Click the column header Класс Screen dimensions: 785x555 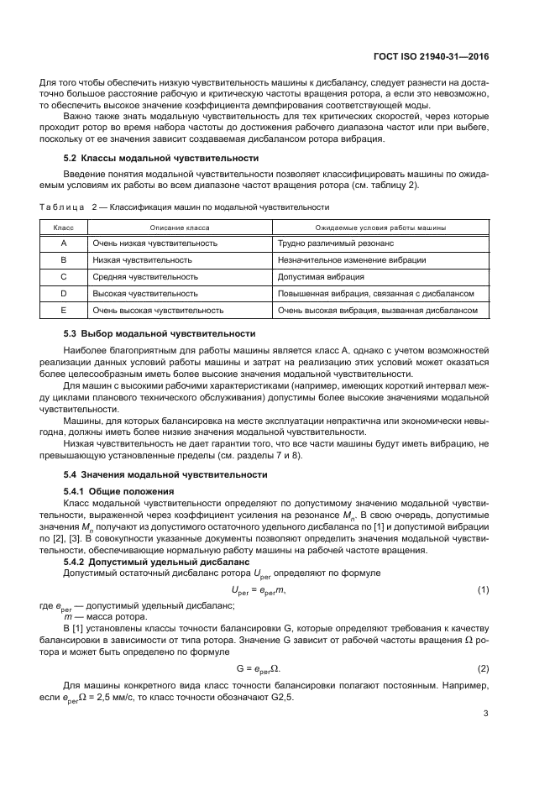point(64,228)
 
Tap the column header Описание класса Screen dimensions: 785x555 point(180,228)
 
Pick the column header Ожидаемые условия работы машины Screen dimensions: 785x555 point(380,228)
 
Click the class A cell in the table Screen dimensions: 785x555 point(64,243)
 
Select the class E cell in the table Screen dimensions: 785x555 point(64,310)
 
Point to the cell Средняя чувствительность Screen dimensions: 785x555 point(145,276)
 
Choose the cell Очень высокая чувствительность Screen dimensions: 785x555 point(158,310)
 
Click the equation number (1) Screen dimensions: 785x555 point(483,590)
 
